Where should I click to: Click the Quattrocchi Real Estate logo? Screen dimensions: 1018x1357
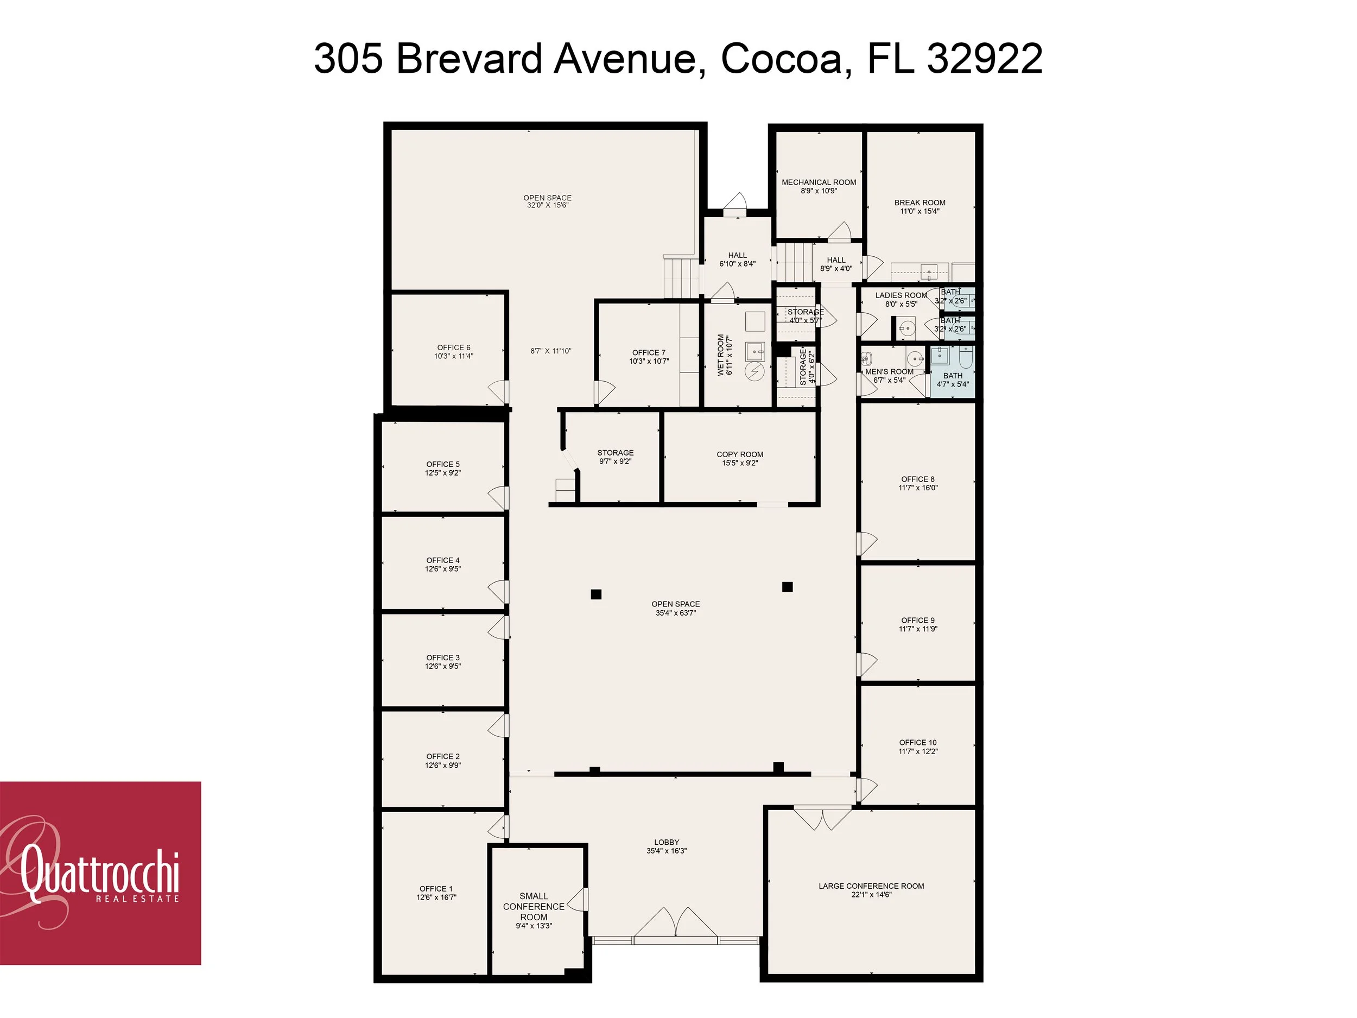100,872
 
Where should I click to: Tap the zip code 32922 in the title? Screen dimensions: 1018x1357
984,59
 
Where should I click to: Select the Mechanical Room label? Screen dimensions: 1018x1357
819,182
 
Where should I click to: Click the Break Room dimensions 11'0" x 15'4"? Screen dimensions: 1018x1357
920,211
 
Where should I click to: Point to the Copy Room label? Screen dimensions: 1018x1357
740,454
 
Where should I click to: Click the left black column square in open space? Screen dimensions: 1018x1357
595,594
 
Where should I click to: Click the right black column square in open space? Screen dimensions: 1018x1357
787,586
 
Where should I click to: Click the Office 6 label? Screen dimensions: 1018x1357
453,347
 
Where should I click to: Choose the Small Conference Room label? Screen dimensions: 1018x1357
534,906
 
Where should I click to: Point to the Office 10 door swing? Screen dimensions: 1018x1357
867,788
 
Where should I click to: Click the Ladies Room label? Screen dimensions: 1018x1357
901,295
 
